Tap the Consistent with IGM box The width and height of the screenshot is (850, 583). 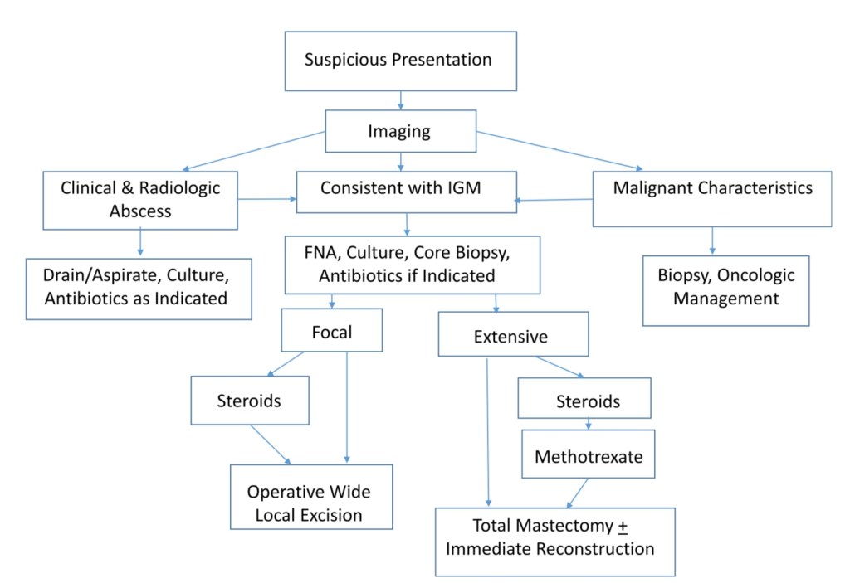coord(406,190)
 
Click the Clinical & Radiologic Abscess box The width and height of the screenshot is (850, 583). coord(140,199)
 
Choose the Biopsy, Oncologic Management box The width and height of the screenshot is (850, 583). coord(726,289)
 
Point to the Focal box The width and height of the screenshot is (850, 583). coord(331,332)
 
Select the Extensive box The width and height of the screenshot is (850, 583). coord(512,337)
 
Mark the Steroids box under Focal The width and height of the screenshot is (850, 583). coord(249,401)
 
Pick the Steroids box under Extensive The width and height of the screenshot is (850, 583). coord(589,402)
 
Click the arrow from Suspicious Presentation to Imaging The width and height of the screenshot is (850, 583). coord(401,101)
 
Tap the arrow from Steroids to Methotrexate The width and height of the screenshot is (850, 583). coord(588,424)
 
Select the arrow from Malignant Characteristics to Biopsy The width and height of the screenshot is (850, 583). coord(712,240)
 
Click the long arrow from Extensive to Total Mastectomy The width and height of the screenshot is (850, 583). coord(488,431)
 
